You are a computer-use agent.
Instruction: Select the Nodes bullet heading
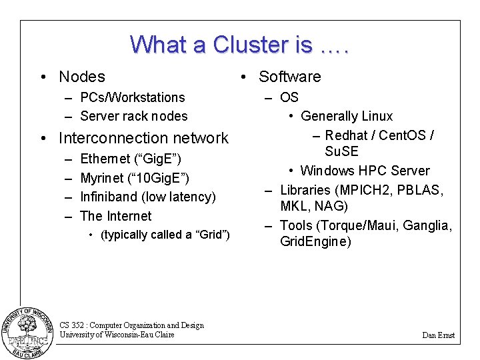(81, 77)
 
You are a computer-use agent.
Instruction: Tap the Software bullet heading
(289, 77)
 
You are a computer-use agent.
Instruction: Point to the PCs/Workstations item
(132, 97)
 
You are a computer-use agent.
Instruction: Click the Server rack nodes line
(133, 116)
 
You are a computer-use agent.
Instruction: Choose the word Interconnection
(109, 138)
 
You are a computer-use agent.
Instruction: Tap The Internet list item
(115, 216)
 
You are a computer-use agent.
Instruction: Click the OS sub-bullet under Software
(289, 97)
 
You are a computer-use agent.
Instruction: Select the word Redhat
(349, 135)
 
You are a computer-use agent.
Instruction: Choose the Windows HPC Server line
(365, 171)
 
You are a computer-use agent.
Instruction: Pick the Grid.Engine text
(315, 241)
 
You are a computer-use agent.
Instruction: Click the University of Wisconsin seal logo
(27, 331)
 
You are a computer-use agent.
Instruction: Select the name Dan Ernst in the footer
(438, 335)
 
